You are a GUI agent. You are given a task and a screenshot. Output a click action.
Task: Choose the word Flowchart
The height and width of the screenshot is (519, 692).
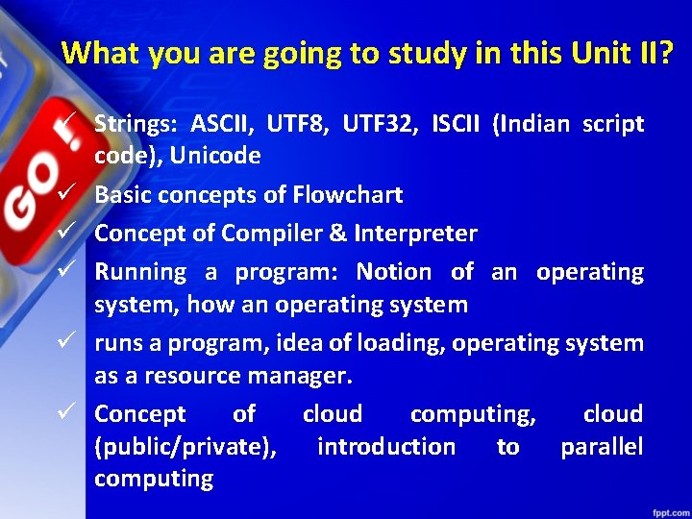pyautogui.click(x=347, y=195)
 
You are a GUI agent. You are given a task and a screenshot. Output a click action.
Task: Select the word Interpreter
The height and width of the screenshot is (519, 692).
pyautogui.click(x=415, y=234)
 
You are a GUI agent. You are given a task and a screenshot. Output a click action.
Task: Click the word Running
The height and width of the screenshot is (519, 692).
pyautogui.click(x=140, y=272)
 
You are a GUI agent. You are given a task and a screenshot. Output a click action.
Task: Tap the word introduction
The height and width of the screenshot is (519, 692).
pyautogui.click(x=386, y=447)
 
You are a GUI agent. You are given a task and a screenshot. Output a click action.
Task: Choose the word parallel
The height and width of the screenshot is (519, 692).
pyautogui.click(x=602, y=447)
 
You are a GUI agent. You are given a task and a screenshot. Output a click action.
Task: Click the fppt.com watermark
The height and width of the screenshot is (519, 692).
pyautogui.click(x=663, y=508)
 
